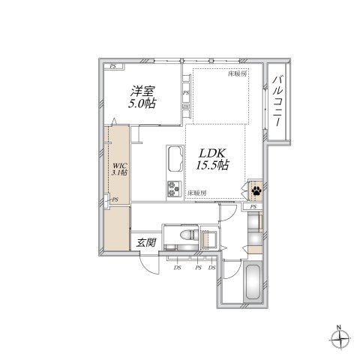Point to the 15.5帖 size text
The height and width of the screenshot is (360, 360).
[212, 167]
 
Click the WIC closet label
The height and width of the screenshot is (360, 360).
[119, 164]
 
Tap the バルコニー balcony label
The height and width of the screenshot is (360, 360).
[278, 100]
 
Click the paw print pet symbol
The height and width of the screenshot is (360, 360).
[255, 190]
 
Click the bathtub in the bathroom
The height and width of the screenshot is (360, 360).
[252, 286]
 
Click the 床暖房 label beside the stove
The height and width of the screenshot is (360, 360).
[196, 193]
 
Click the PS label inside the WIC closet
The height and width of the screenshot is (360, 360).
[114, 199]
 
